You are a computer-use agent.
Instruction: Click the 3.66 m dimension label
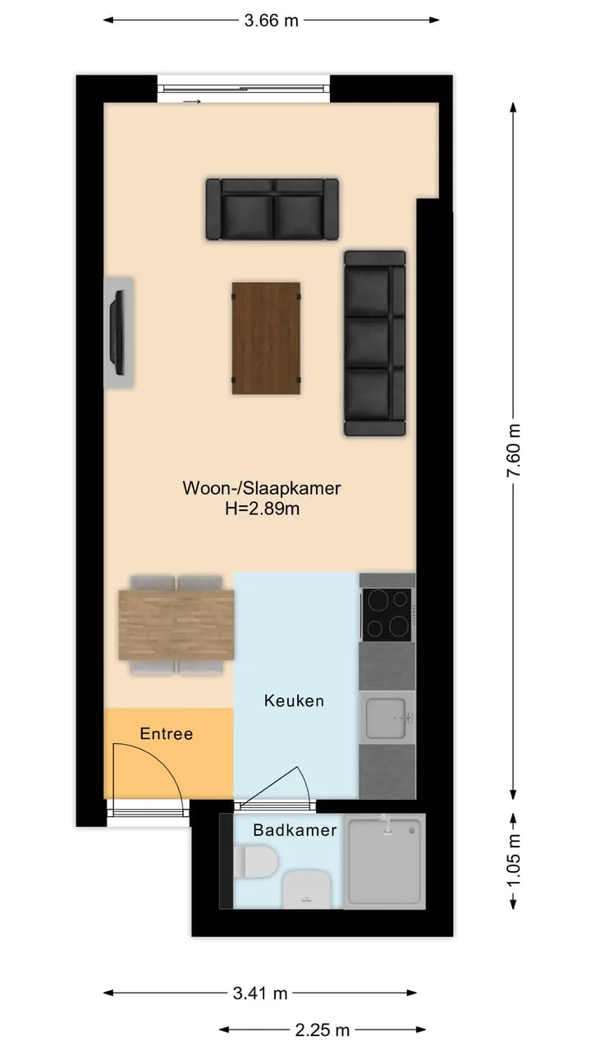click(x=271, y=21)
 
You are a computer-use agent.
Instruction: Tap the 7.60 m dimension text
click(x=514, y=450)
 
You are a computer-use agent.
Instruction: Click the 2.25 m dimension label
click(x=323, y=1029)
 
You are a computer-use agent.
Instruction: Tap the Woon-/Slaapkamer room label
click(x=261, y=488)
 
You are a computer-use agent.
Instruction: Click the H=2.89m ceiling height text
click(x=262, y=509)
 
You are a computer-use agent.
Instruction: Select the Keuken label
click(x=294, y=701)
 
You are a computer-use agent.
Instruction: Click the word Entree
click(x=166, y=733)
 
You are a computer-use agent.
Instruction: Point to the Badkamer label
click(x=295, y=830)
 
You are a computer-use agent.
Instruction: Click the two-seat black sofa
click(x=272, y=209)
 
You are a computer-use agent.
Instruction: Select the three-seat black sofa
click(x=375, y=343)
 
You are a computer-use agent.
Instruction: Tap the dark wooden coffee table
click(x=266, y=338)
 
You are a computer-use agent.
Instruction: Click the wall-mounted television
click(x=117, y=333)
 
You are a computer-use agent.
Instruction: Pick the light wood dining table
click(x=176, y=625)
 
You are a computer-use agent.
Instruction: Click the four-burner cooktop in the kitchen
click(x=387, y=614)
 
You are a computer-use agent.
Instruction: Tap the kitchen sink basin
click(x=386, y=718)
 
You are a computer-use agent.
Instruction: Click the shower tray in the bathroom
click(x=385, y=861)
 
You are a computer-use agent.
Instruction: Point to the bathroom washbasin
click(x=307, y=889)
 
